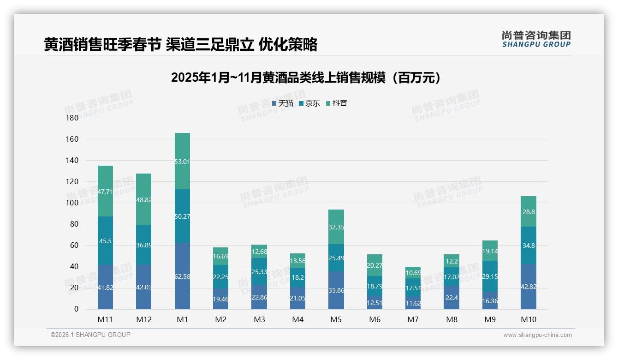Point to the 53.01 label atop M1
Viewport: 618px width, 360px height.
(182, 161)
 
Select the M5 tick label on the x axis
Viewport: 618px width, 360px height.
(336, 319)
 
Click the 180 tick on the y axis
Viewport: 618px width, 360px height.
(72, 118)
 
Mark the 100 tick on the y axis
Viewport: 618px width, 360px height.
(72, 203)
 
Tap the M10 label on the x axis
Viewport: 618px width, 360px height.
(529, 319)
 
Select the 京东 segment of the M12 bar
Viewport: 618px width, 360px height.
(143, 245)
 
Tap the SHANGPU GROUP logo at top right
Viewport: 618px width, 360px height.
(536, 39)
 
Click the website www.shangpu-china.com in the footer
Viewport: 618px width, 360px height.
(537, 335)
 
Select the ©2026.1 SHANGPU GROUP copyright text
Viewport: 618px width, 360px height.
(90, 335)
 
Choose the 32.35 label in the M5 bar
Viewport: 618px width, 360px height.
(336, 227)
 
